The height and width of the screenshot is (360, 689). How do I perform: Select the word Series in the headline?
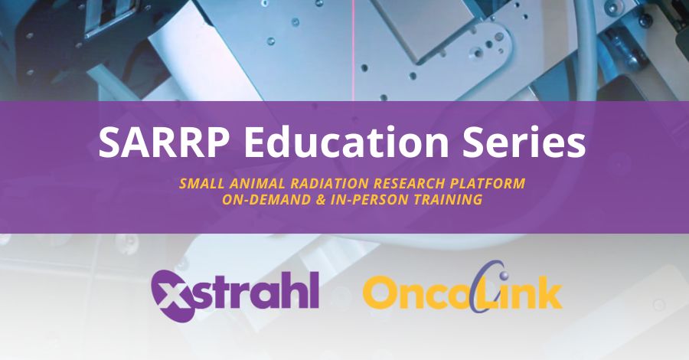tap(524, 142)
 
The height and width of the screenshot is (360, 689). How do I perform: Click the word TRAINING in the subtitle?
tap(449, 200)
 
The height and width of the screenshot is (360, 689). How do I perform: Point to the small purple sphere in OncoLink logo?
tap(504, 275)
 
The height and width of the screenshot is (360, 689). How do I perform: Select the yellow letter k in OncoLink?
tap(547, 290)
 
